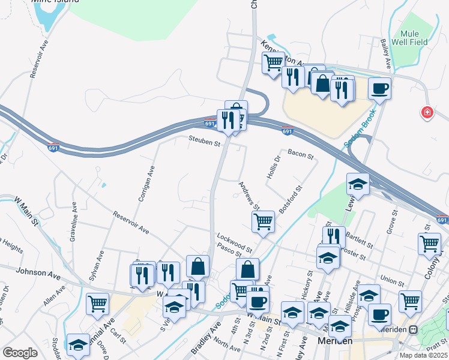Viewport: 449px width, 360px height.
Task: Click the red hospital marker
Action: [427, 112]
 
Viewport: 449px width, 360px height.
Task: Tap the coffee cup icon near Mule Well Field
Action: [379, 89]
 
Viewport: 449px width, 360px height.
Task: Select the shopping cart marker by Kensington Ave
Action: [273, 62]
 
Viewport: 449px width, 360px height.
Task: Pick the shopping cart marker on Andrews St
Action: [264, 221]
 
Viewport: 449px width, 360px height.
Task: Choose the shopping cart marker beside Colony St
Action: [429, 243]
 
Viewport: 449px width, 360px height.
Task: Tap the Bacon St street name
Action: [301, 155]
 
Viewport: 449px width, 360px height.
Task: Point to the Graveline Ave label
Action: [74, 215]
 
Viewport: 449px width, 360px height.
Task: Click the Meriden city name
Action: [335, 340]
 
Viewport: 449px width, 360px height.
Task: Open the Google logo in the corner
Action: [20, 353]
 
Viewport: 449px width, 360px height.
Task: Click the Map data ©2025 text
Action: [423, 355]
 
